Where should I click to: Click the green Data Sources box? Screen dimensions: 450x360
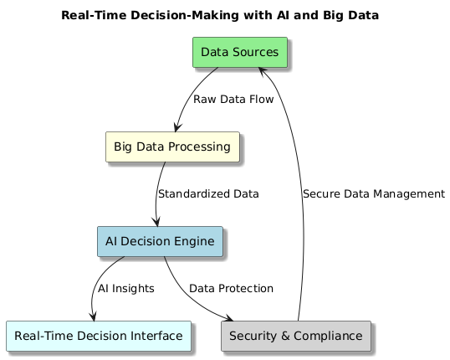(x=240, y=52)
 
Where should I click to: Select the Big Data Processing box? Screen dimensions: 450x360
(x=172, y=147)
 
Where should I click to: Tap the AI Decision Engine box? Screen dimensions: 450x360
(x=160, y=241)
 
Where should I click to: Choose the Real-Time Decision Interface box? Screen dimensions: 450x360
(x=99, y=336)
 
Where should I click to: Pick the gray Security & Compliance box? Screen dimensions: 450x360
(x=296, y=336)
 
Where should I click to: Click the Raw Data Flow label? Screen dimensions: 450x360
(x=233, y=100)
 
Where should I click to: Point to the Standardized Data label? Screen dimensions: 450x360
(x=208, y=194)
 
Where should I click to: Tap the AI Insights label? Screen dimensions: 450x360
(x=126, y=289)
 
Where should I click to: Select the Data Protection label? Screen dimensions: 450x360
(x=231, y=289)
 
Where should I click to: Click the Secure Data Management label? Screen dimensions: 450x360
(x=374, y=194)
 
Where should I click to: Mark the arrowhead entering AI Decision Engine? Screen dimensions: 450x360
(x=156, y=222)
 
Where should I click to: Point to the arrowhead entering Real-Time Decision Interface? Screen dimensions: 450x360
(x=93, y=316)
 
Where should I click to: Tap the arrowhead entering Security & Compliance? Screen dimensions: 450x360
(x=228, y=318)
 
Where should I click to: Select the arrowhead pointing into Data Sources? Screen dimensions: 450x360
(x=262, y=71)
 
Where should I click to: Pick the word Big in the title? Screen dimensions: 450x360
(x=333, y=16)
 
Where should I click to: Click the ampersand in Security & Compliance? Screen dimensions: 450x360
(x=285, y=336)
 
